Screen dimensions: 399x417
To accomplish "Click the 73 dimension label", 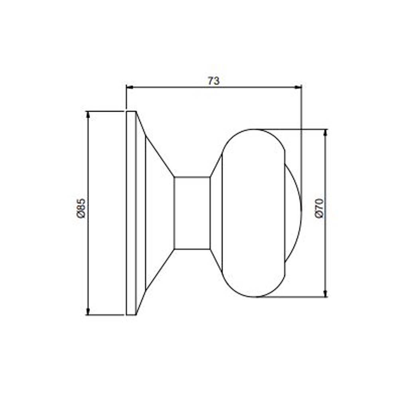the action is point(214,81).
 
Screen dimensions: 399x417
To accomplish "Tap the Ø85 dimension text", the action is point(81,208).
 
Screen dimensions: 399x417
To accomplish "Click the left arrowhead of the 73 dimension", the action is point(130,87).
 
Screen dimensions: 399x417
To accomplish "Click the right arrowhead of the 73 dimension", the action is point(298,87).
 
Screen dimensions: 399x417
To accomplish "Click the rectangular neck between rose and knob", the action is point(192,213).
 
